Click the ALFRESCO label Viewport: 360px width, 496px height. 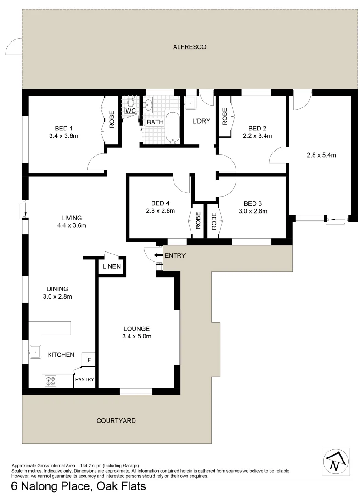pyautogui.click(x=190, y=47)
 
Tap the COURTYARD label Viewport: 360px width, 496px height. pyautogui.click(x=116, y=420)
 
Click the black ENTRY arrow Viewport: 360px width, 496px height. pyautogui.click(x=158, y=255)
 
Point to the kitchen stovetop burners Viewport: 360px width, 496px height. pyautogui.click(x=50, y=381)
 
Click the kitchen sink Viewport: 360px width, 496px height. pyautogui.click(x=35, y=352)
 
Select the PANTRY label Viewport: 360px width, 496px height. pyautogui.click(x=85, y=379)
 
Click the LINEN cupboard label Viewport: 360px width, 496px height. pyautogui.click(x=112, y=267)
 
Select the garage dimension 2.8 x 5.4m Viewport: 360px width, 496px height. pyautogui.click(x=321, y=155)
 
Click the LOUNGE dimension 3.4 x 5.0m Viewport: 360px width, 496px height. pyautogui.click(x=136, y=336)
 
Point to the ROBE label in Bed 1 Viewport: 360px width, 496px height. pyautogui.click(x=112, y=120)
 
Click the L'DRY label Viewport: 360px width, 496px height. pyautogui.click(x=201, y=121)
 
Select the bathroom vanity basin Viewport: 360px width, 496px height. pyautogui.click(x=148, y=105)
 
